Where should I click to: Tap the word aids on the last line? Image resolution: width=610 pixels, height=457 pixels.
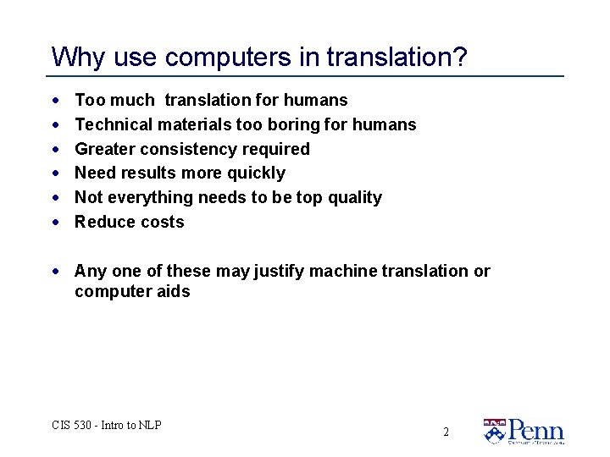point(174,292)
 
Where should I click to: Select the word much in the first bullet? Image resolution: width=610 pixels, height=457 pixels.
point(132,100)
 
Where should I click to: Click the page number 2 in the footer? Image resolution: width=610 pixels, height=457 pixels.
point(446,432)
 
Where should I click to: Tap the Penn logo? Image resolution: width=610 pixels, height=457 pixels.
point(523,431)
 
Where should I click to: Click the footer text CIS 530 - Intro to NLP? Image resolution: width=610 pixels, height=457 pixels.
point(106,425)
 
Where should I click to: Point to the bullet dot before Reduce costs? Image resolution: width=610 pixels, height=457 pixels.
point(55,222)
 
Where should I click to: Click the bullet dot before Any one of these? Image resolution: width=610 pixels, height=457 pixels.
point(55,271)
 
